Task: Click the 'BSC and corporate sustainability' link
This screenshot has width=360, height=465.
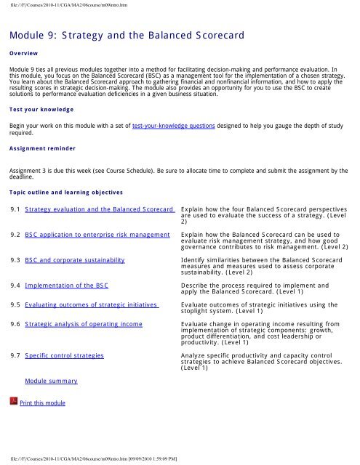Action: tap(74, 259)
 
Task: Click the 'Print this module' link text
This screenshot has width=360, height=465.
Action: tap(43, 403)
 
